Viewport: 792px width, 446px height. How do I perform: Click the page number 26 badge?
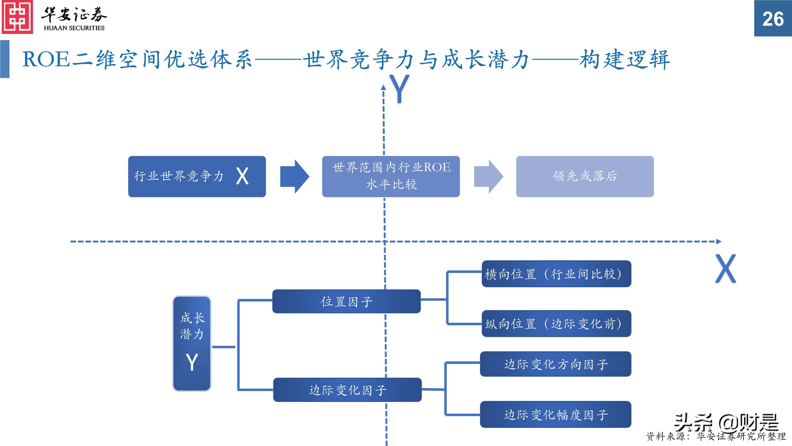click(x=773, y=18)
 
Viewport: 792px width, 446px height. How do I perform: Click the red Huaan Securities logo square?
click(x=17, y=17)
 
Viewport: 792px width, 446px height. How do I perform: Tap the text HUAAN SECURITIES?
click(x=74, y=28)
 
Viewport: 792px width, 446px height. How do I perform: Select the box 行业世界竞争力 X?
click(x=197, y=176)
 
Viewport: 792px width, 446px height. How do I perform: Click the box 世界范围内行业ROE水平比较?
click(x=391, y=176)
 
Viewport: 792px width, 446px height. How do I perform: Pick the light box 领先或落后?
click(x=584, y=176)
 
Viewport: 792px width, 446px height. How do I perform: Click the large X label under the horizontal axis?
click(x=725, y=268)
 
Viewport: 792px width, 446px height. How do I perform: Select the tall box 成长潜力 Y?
click(x=192, y=343)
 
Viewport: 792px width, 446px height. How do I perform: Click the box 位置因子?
click(x=346, y=301)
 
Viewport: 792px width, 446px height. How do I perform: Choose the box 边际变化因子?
click(x=347, y=390)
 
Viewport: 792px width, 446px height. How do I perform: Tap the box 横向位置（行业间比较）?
click(x=556, y=274)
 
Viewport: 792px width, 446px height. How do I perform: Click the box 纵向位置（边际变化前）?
click(x=556, y=323)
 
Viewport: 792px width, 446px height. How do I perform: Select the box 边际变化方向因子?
click(x=555, y=364)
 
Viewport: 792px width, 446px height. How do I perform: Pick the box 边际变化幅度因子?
click(x=555, y=414)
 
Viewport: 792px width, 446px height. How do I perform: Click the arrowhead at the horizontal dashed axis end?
click(x=719, y=242)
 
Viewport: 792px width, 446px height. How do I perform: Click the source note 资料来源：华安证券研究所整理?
click(x=715, y=436)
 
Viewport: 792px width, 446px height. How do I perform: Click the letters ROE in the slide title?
click(x=46, y=59)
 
